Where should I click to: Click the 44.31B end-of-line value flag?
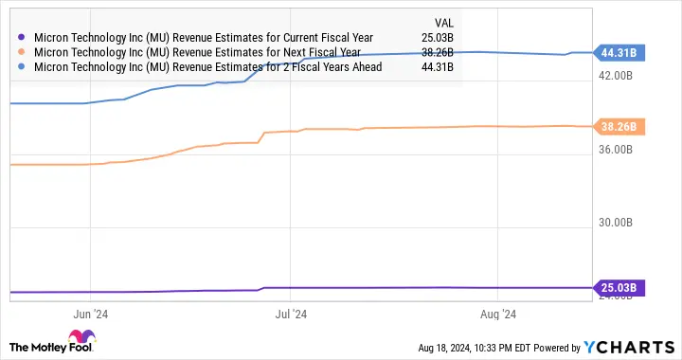click(618, 52)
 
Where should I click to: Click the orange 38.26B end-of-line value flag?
click(618, 127)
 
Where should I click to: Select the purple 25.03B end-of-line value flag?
click(618, 288)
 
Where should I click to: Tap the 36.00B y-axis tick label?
click(619, 150)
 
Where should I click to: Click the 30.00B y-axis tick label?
click(619, 223)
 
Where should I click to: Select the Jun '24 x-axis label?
click(88, 313)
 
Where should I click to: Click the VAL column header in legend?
click(443, 22)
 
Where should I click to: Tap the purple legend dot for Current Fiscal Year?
click(22, 38)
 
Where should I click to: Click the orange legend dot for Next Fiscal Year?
click(22, 52)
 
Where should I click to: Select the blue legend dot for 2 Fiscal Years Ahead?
click(22, 66)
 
